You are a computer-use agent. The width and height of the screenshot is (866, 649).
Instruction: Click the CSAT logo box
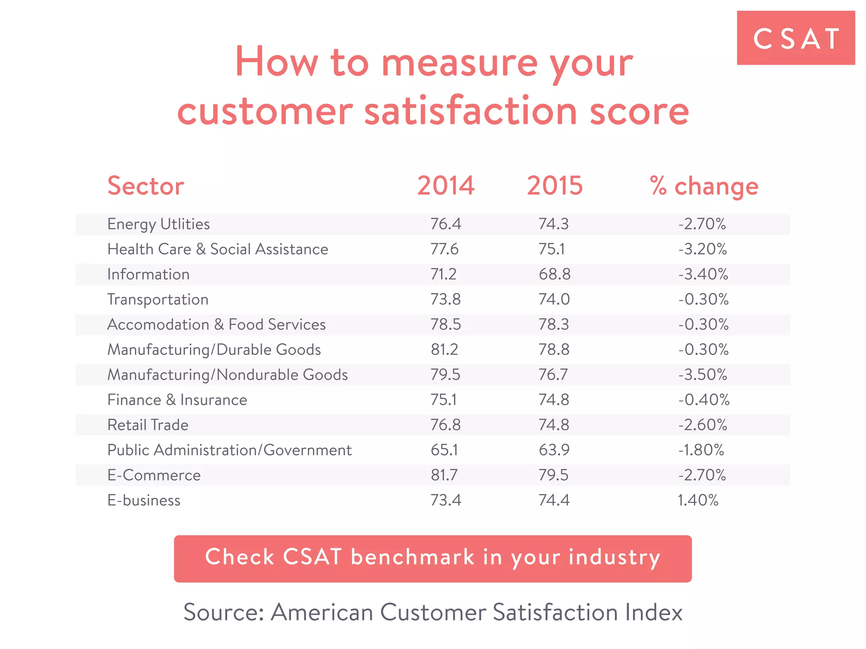click(x=795, y=38)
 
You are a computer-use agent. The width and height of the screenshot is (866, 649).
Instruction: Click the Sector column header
click(x=145, y=186)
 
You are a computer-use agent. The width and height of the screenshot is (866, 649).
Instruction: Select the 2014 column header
click(x=446, y=186)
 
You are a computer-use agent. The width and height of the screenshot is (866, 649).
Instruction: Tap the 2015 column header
click(x=554, y=186)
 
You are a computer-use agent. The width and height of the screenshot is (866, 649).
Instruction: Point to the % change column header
click(x=704, y=187)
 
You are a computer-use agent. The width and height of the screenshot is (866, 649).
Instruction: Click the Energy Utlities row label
click(x=159, y=224)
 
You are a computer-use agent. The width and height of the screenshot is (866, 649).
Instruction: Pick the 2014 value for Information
click(x=444, y=274)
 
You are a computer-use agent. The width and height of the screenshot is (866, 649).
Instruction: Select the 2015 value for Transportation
click(x=554, y=300)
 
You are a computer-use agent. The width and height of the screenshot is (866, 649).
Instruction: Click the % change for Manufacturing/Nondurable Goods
click(x=703, y=375)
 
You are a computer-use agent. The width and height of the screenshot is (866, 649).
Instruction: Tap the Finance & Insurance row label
click(x=177, y=400)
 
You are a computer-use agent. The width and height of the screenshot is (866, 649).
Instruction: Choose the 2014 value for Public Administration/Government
click(x=444, y=450)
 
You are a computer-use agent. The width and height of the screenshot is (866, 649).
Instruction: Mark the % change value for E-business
click(x=698, y=500)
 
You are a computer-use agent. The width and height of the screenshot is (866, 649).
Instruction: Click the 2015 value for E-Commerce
click(x=553, y=475)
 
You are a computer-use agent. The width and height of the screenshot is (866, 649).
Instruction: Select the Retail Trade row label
click(x=148, y=425)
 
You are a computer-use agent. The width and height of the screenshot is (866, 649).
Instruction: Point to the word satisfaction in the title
click(x=471, y=111)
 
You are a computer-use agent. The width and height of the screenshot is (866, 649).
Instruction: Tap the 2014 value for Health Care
click(x=444, y=249)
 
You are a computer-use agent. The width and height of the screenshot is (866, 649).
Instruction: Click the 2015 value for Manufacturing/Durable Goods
click(x=554, y=350)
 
